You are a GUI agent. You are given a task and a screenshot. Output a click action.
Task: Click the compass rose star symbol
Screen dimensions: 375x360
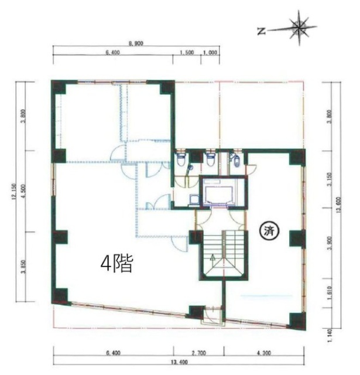(x=300, y=27)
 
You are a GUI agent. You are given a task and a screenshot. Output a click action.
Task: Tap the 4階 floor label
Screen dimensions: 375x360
(x=118, y=263)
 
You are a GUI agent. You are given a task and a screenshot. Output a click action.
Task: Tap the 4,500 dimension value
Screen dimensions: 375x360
(x=23, y=191)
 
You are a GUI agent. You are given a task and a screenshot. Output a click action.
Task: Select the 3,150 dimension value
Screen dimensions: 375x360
(x=331, y=179)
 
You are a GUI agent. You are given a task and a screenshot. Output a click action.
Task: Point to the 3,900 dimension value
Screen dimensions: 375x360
(x=331, y=238)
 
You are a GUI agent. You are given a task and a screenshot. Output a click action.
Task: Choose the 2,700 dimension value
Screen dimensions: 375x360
(x=197, y=353)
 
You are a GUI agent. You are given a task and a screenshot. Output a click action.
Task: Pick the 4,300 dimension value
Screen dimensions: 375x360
(x=265, y=353)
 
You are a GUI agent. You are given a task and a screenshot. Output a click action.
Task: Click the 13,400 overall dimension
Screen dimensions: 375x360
(x=179, y=362)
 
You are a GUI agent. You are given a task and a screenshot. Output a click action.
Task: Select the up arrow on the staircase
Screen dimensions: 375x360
(x=213, y=256)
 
